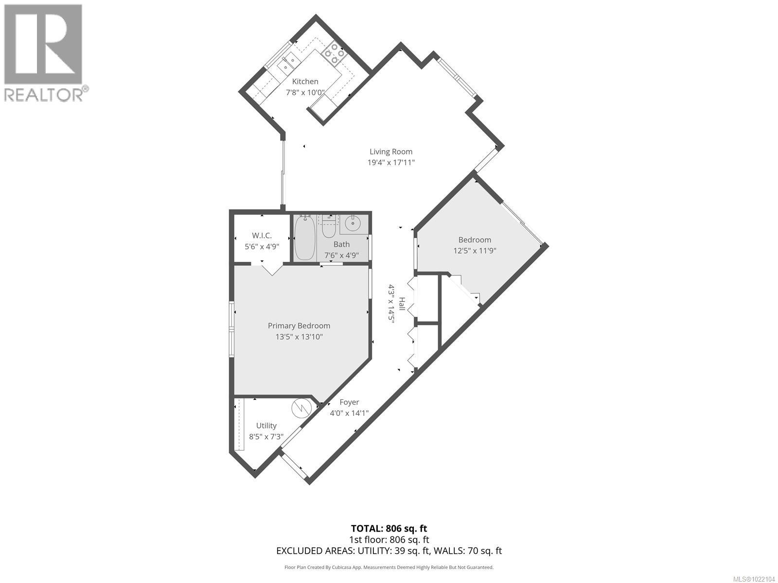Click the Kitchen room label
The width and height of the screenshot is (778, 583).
305,82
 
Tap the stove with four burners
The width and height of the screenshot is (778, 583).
334,53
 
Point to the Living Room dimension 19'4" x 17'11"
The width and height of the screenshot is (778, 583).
391,163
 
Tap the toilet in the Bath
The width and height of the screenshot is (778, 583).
330,226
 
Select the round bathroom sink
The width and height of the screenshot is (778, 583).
353,224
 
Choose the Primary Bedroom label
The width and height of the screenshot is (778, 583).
299,326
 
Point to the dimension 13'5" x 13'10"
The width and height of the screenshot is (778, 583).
299,337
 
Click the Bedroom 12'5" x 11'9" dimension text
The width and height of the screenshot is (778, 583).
475,251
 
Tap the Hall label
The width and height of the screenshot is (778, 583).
402,304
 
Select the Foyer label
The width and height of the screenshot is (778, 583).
349,402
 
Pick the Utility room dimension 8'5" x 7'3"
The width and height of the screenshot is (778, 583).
266,436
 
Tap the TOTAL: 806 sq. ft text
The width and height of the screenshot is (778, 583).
389,529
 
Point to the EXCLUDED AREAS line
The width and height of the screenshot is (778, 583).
389,551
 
